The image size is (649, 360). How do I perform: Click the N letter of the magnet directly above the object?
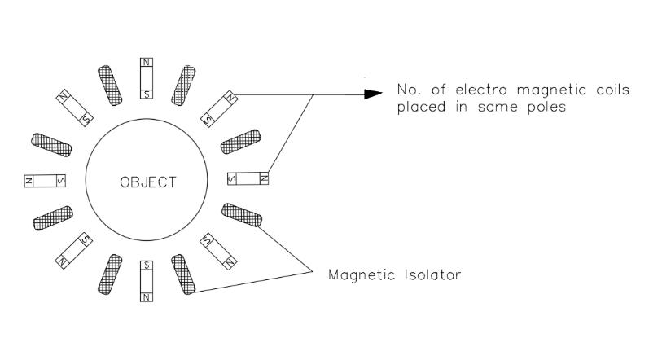pos(146,63)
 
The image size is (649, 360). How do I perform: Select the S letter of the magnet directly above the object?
pos(146,93)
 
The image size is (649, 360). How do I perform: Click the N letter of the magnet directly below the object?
pos(147,296)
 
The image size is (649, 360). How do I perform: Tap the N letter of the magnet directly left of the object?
pos(29,181)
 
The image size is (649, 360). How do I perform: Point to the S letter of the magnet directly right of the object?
pos(235,178)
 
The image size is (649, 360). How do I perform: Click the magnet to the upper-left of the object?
pos(74,107)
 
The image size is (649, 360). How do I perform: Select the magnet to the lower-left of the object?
pos(74,251)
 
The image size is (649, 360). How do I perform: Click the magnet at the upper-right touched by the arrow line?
pos(219,108)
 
